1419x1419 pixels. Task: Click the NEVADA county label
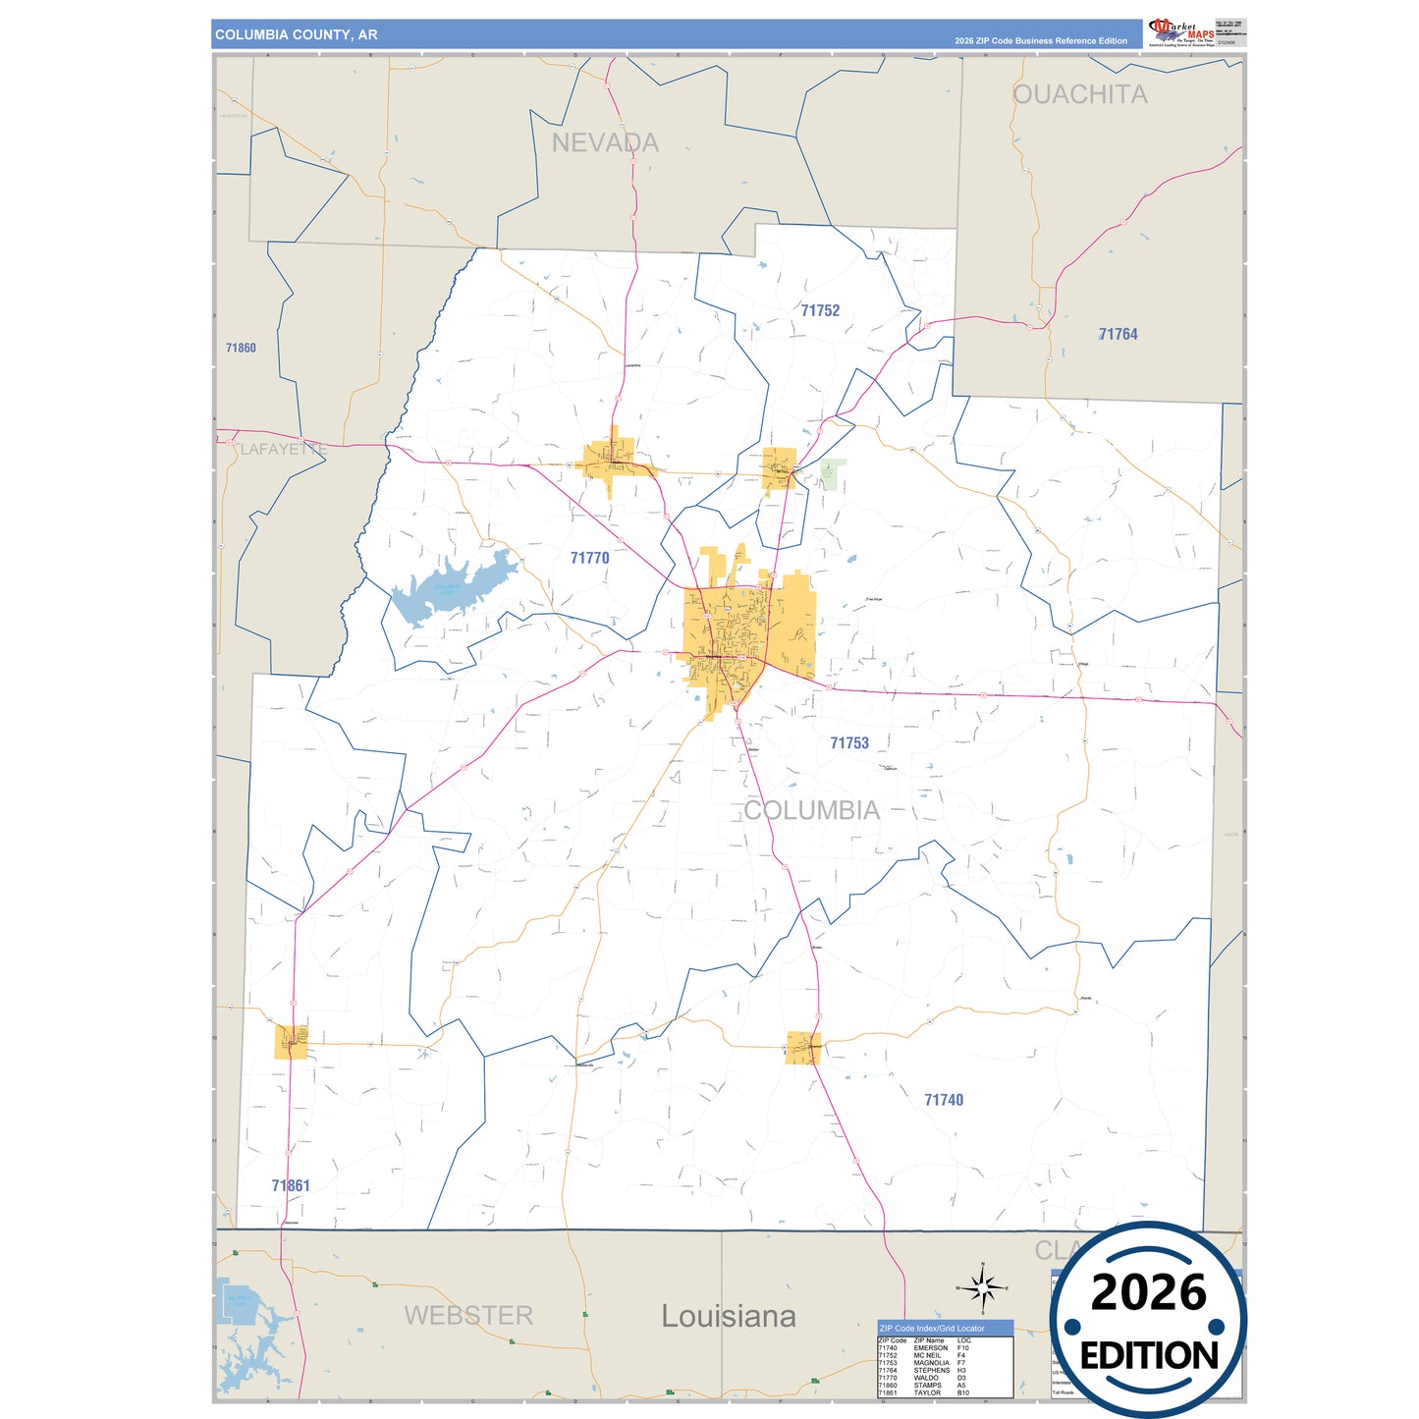coord(605,142)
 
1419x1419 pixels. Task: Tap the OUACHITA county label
coord(1079,94)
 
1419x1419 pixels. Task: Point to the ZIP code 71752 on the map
coord(820,310)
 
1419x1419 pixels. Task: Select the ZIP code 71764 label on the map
coord(1118,334)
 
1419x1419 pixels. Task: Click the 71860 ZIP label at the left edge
coord(241,348)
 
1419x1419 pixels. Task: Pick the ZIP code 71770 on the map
coord(589,558)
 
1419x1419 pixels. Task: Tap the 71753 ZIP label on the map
coord(849,743)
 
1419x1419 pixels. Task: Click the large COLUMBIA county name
coord(811,810)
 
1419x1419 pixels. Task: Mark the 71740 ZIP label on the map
coord(944,1100)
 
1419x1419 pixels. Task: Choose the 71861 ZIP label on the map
coord(291,1185)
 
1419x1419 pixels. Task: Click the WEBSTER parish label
coord(468,1315)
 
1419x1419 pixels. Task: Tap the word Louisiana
coord(728,1316)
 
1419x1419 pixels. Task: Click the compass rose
coord(982,1286)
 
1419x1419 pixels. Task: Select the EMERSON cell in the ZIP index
coord(930,1348)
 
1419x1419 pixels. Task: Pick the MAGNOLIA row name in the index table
coord(931,1363)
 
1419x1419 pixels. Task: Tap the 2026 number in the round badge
coord(1148,1292)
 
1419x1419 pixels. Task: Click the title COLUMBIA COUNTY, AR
coord(296,34)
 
